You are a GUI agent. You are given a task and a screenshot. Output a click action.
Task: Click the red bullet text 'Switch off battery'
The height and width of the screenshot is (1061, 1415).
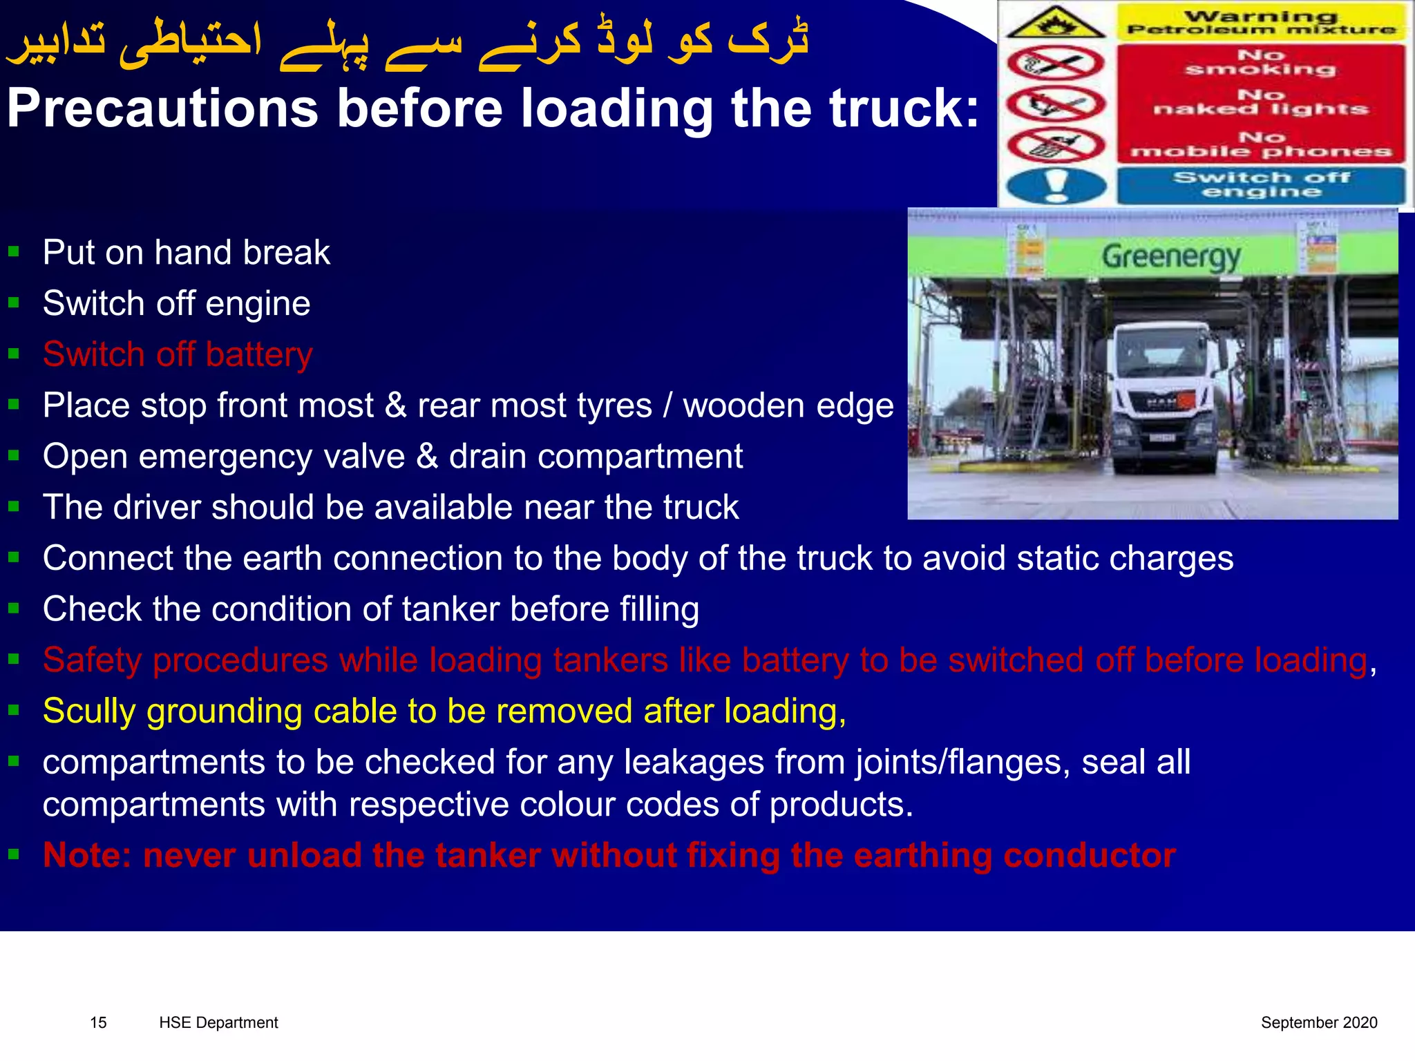coord(178,355)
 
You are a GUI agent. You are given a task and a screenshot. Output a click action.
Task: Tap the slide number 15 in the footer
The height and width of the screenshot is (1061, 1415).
coord(98,1022)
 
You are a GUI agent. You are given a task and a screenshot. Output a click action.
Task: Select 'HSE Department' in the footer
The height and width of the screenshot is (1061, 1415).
coord(218,1022)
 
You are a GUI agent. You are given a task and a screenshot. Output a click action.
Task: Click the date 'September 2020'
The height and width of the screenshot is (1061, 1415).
coord(1318,1022)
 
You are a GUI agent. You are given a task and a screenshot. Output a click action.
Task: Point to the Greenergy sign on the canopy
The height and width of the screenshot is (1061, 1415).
coord(1171,257)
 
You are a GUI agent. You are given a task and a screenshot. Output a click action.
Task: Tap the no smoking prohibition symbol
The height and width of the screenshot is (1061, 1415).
coord(1054,64)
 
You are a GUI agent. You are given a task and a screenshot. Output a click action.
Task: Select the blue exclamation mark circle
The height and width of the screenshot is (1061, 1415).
coord(1056,186)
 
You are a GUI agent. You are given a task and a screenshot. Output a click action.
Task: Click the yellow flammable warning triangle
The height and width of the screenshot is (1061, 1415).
coord(1055,23)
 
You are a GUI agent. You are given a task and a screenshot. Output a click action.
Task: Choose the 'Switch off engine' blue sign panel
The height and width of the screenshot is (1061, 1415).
coord(1261,185)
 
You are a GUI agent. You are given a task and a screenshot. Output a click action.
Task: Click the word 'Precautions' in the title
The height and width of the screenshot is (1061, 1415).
coord(162,109)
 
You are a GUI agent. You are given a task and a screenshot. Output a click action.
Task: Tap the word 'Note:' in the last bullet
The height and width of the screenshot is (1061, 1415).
coord(87,855)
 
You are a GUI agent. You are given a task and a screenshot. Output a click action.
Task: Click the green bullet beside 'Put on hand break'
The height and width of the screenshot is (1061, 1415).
coord(13,251)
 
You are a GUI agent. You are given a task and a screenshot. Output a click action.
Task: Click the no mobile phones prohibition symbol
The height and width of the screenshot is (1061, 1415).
coord(1054,146)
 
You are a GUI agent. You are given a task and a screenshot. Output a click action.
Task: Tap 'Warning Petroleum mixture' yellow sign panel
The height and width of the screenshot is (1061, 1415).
coord(1261,22)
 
